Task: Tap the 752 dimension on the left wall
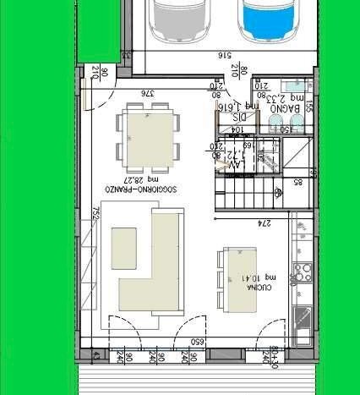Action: point(96,212)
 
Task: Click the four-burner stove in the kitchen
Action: point(303,272)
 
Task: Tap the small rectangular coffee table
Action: point(124,248)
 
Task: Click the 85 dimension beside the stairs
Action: point(298,180)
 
